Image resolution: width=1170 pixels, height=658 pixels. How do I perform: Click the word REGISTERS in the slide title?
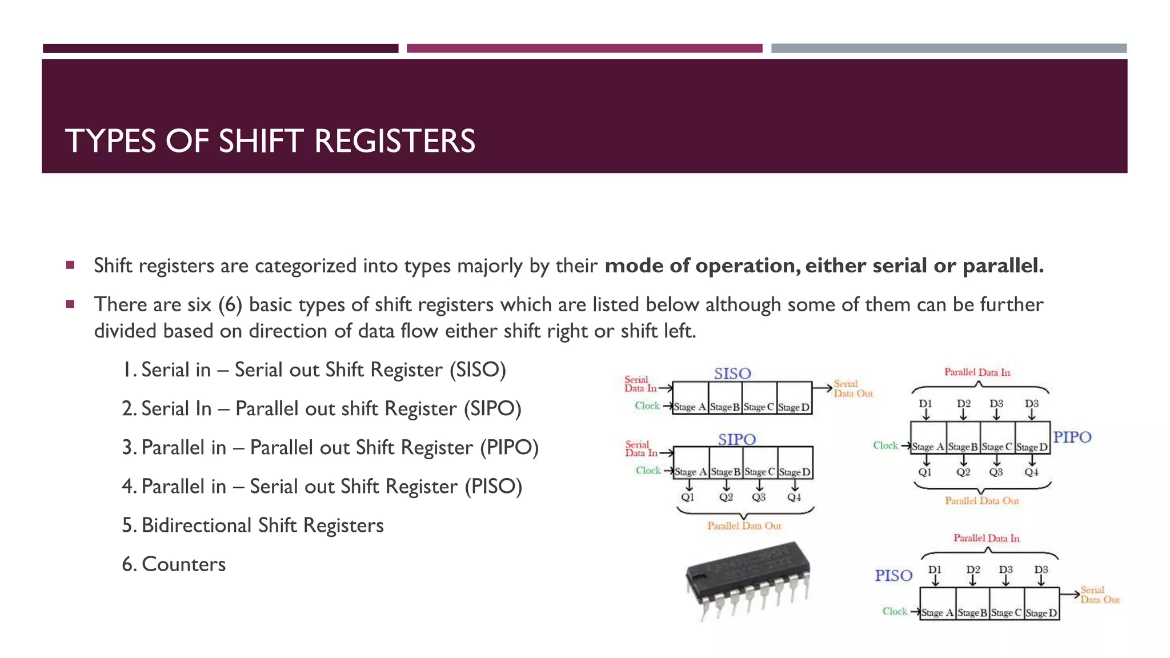point(394,141)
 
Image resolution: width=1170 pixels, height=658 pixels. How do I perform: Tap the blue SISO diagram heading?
point(732,374)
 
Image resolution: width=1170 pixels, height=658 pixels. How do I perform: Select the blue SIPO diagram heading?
point(736,439)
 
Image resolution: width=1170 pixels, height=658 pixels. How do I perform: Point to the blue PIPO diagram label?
point(1072,437)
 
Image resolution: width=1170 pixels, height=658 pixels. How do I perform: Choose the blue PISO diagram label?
point(893,575)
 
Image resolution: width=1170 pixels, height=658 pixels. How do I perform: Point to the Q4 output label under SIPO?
point(794,497)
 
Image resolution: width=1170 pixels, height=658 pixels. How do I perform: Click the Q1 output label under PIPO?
point(925,472)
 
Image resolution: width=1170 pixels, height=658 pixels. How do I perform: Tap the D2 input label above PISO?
point(973,569)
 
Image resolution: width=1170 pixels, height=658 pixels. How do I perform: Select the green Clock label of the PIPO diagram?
point(885,446)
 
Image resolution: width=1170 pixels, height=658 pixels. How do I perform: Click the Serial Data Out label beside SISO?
point(853,388)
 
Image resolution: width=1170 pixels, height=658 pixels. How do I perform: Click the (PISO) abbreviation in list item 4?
point(493,487)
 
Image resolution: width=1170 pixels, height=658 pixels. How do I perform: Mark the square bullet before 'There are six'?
point(70,304)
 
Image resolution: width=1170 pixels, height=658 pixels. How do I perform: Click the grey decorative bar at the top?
point(948,49)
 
